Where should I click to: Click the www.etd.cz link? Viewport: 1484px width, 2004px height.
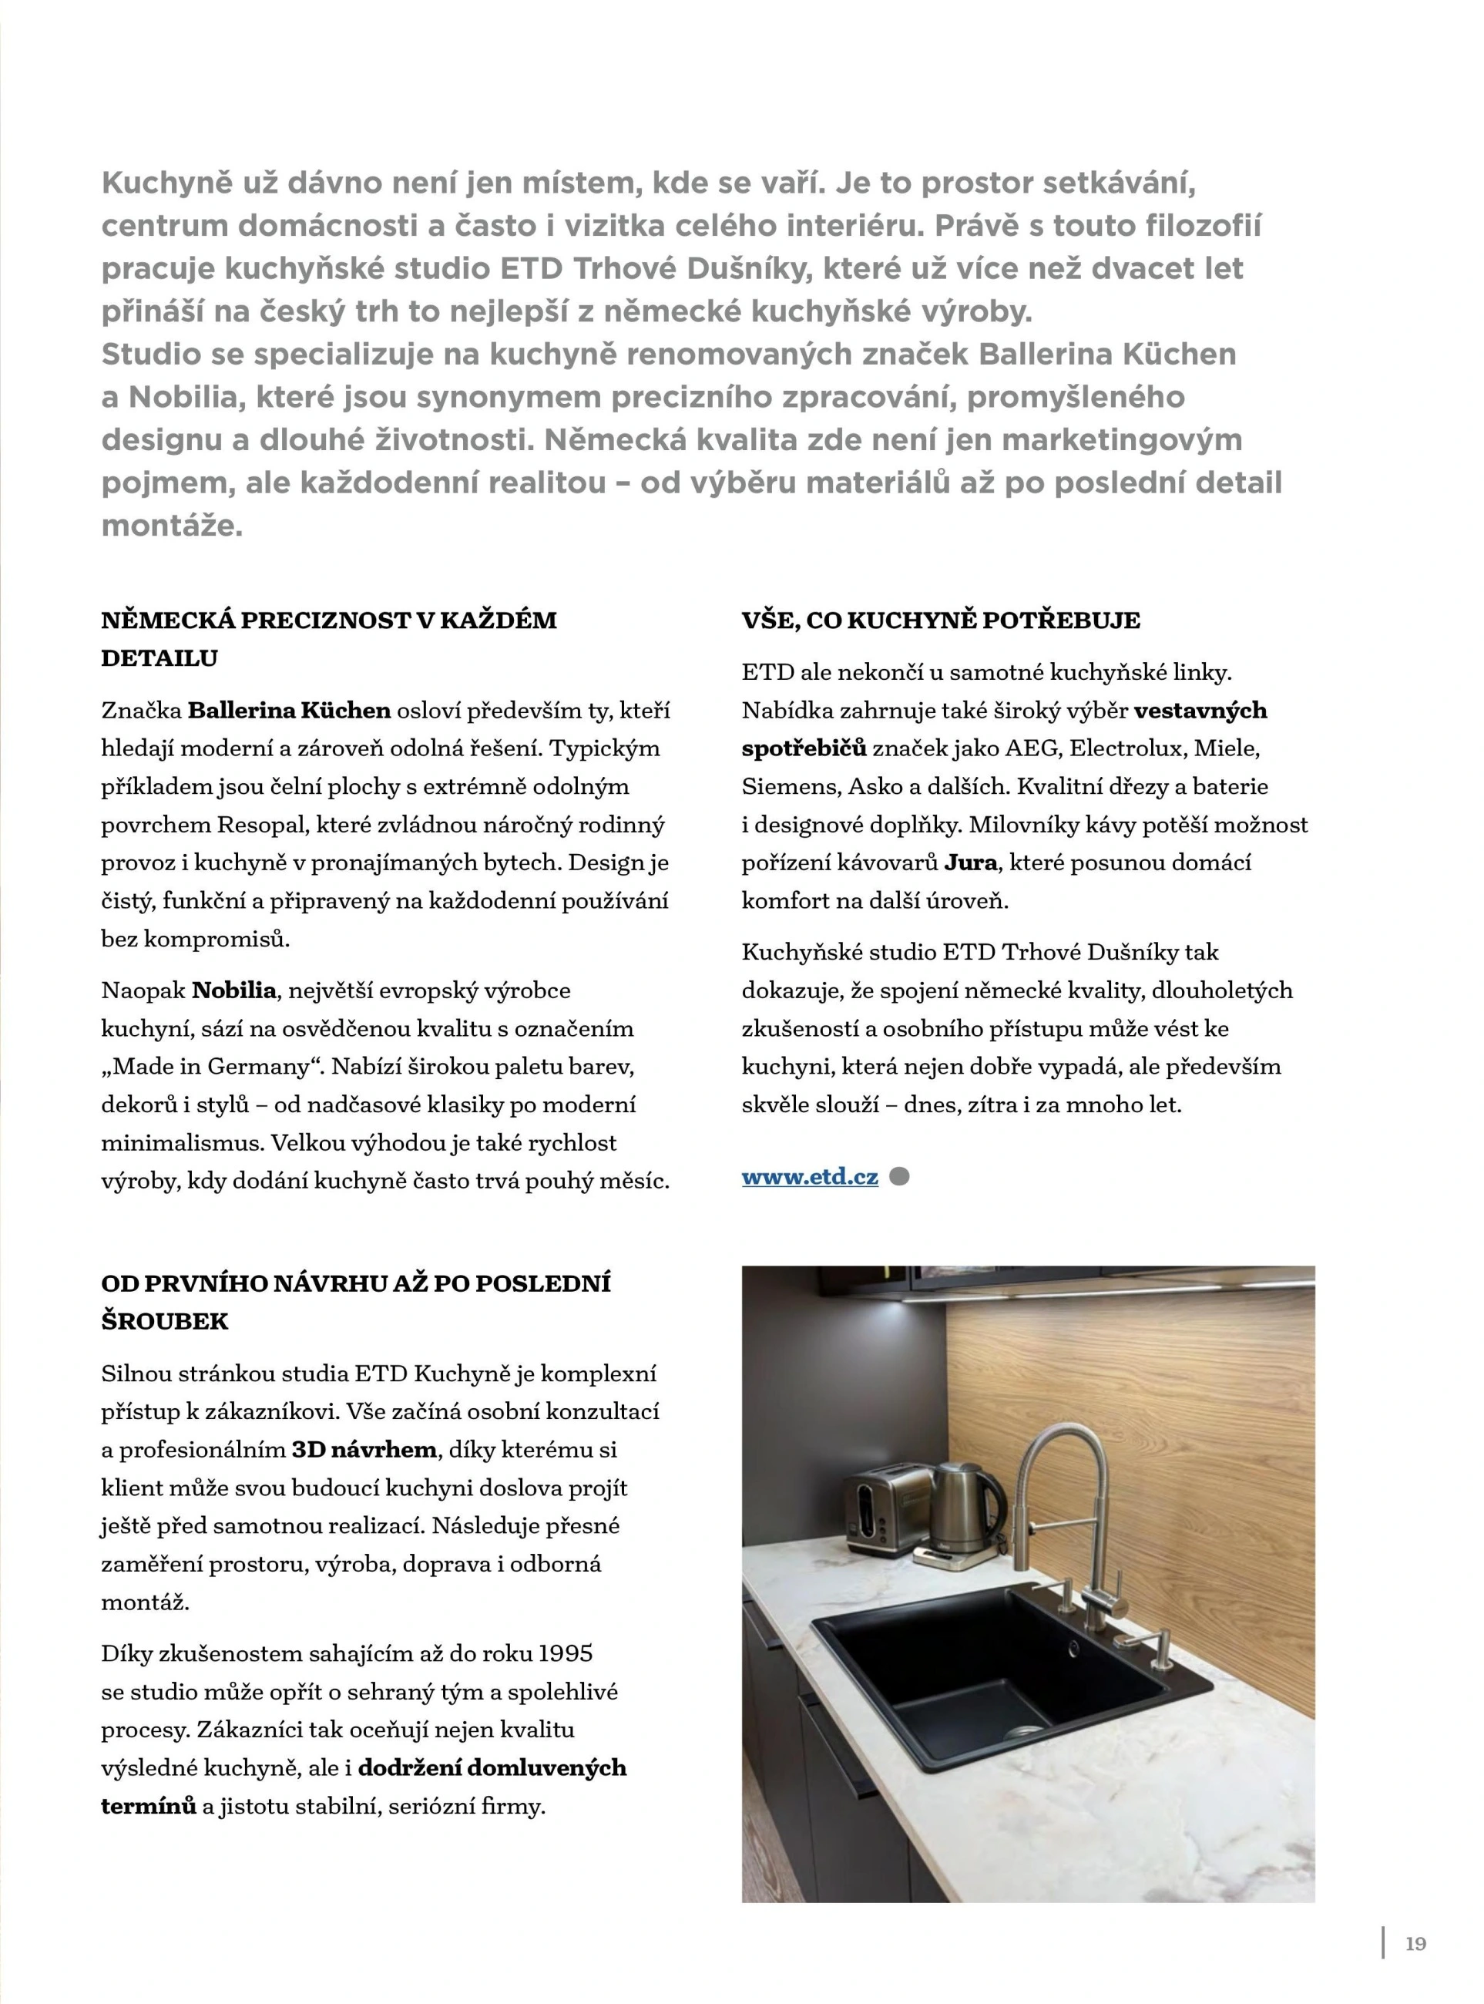click(x=809, y=1176)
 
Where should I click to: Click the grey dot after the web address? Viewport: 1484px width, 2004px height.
click(x=898, y=1176)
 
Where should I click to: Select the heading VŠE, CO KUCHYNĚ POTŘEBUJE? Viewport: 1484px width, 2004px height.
click(x=941, y=620)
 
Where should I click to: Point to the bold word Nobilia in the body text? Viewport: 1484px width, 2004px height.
click(x=233, y=990)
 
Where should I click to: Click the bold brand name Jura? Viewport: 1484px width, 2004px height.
click(x=970, y=862)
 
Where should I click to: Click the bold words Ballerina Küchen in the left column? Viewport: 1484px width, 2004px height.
click(x=289, y=711)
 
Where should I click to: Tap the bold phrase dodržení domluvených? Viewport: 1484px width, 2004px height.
click(x=492, y=1767)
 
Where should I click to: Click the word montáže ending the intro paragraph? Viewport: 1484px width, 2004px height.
click(x=171, y=526)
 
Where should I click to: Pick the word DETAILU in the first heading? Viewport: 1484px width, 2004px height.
click(x=159, y=659)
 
